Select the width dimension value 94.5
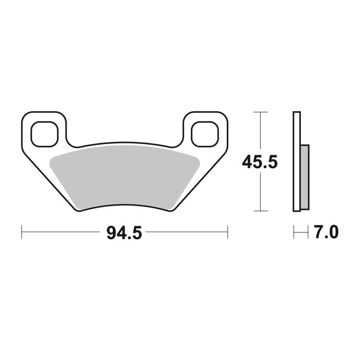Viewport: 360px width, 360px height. [124, 233]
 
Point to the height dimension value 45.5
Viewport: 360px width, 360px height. [260, 163]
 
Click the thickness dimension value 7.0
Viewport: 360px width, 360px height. [326, 233]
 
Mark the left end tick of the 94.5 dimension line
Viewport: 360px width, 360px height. [22, 232]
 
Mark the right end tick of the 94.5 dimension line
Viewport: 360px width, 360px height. [227, 232]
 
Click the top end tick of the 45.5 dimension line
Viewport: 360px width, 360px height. [261, 112]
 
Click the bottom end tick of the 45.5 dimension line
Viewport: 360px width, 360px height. [261, 211]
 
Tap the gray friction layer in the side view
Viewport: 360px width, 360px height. [304, 177]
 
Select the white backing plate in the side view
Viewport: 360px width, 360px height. [296, 161]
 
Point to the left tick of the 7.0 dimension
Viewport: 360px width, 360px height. [294, 232]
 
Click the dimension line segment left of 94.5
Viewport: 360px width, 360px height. [62, 232]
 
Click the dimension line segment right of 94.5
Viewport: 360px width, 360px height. [185, 232]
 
